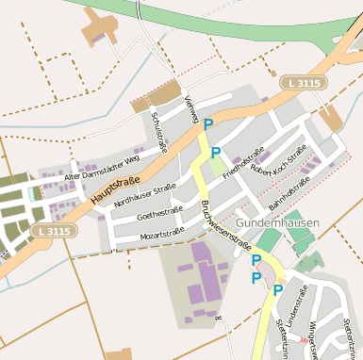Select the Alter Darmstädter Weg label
click(101, 169)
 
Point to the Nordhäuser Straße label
click(146, 195)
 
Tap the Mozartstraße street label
click(160, 233)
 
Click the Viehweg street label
click(192, 109)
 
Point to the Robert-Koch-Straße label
click(279, 162)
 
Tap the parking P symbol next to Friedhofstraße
click(216, 153)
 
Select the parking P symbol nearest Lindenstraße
click(277, 291)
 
